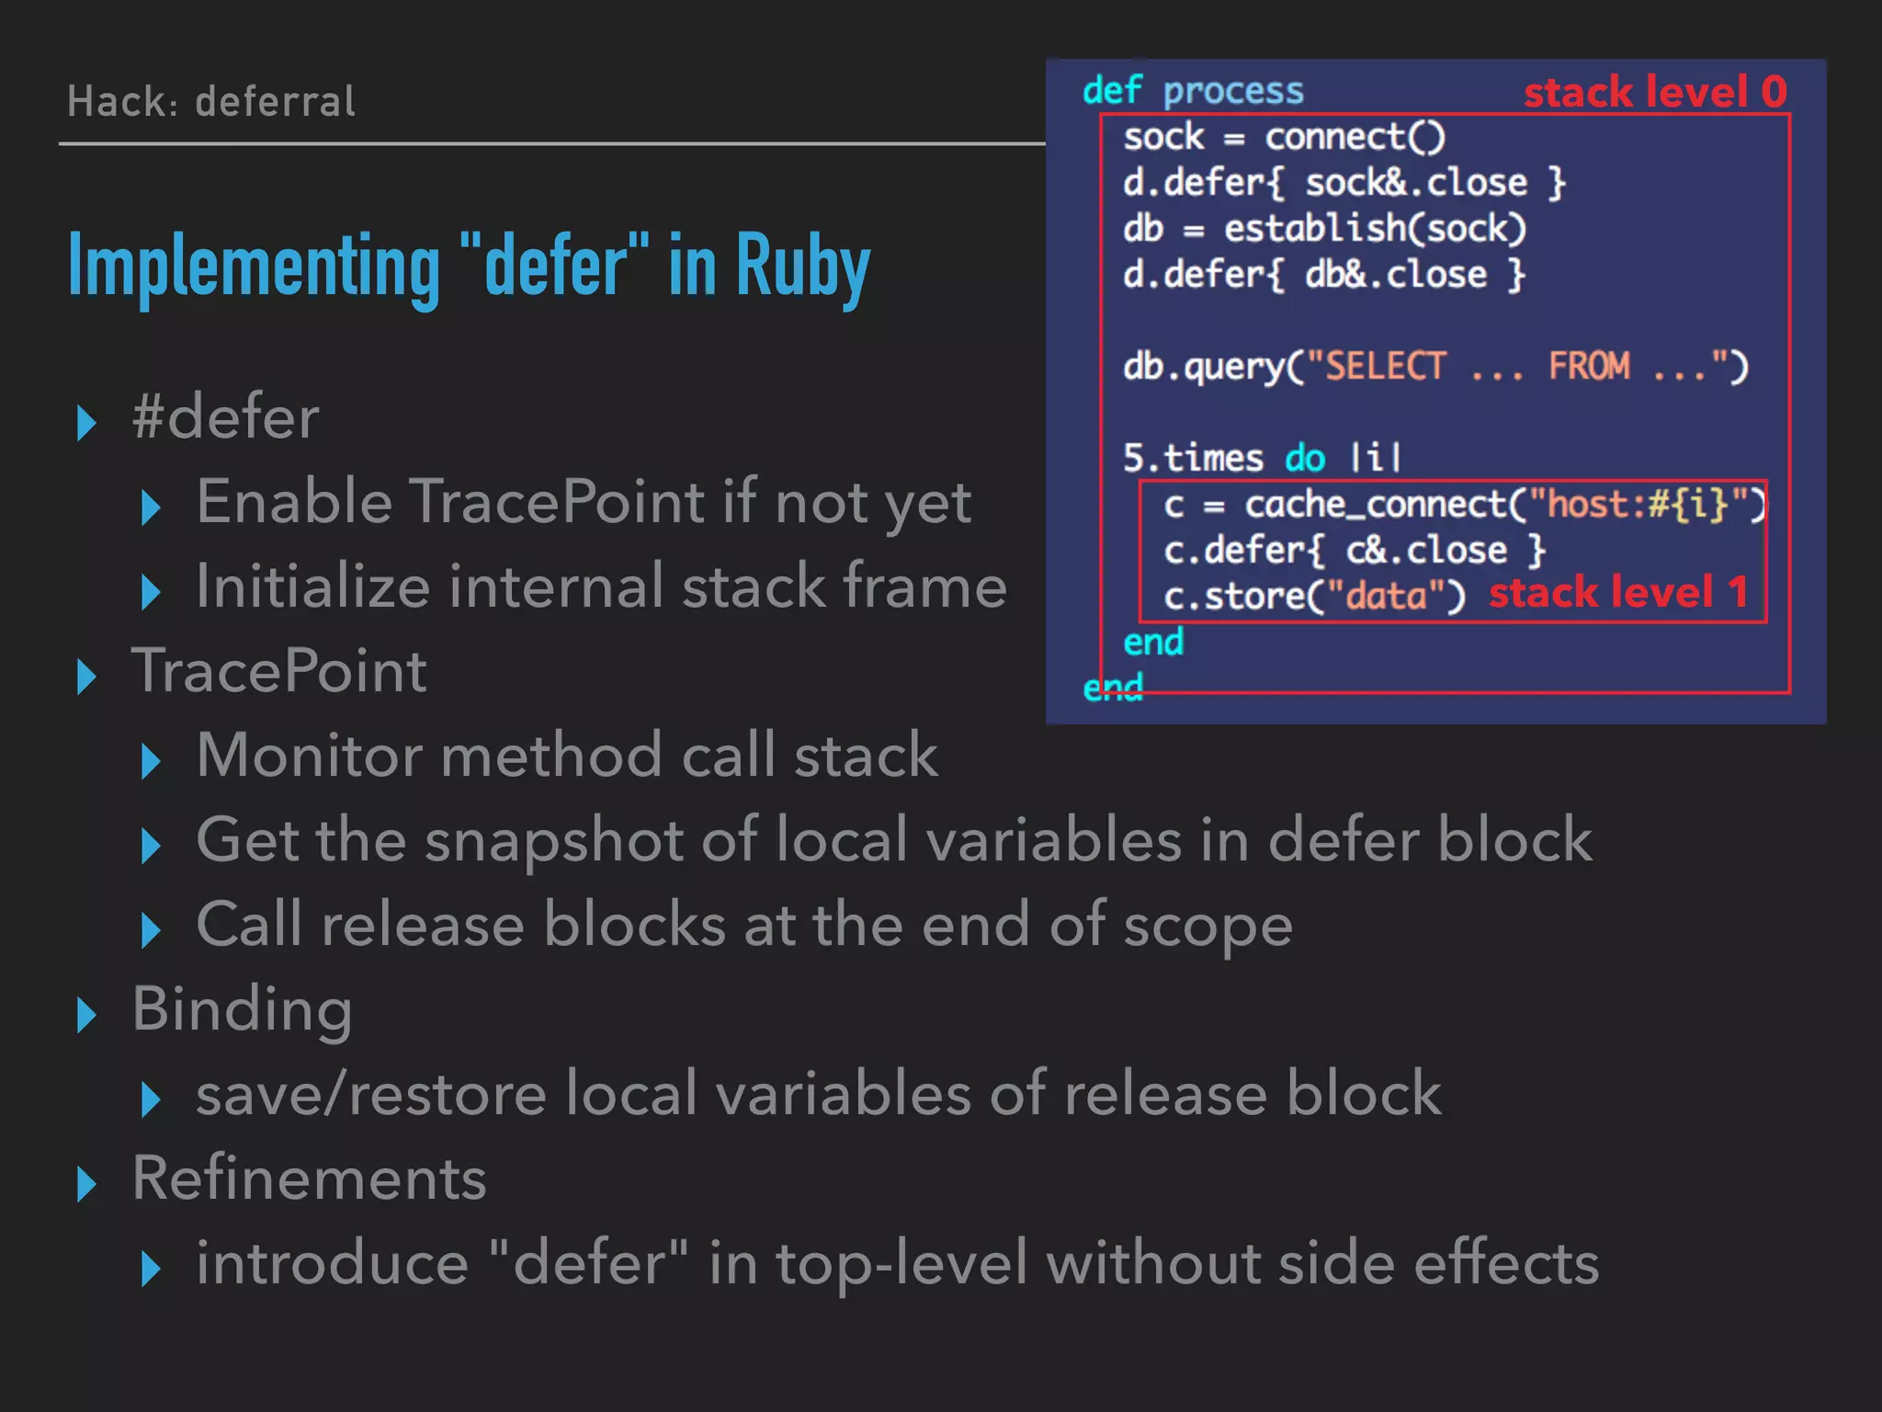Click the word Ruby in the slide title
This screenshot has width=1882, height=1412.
coord(802,267)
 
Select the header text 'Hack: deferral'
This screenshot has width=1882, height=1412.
coord(211,101)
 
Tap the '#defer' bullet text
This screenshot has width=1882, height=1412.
coord(226,417)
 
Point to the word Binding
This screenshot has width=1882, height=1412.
coord(242,1009)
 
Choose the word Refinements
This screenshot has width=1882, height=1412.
coord(309,1179)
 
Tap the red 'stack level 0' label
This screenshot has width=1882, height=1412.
coord(1655,92)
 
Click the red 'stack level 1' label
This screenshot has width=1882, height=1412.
coord(1618,593)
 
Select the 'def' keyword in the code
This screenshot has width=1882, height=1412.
coord(1112,91)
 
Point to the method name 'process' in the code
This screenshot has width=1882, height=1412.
coord(1233,91)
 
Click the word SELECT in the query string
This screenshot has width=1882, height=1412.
coord(1385,367)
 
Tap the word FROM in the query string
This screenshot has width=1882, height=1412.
coord(1589,367)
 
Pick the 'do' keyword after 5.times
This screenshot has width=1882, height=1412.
coord(1304,458)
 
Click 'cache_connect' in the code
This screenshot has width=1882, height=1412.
coord(1375,505)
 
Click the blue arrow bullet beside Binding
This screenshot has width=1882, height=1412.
coord(87,1014)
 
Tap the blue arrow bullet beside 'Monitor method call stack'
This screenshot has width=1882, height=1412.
coord(152,761)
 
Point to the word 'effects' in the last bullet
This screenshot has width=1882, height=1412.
coord(1506,1263)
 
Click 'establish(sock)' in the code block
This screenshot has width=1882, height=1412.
coord(1375,229)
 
